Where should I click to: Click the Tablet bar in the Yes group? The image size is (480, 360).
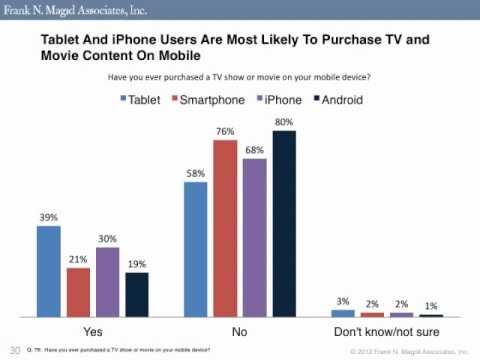click(49, 270)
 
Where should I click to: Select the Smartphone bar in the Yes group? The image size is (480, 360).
click(78, 291)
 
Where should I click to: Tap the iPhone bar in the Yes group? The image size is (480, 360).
click(107, 282)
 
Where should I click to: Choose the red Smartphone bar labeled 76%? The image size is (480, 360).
click(225, 229)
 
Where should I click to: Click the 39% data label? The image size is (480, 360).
click(49, 217)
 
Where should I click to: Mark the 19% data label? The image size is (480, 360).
click(136, 263)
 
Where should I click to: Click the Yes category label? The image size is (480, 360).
click(92, 329)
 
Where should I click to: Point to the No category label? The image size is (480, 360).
click(240, 329)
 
